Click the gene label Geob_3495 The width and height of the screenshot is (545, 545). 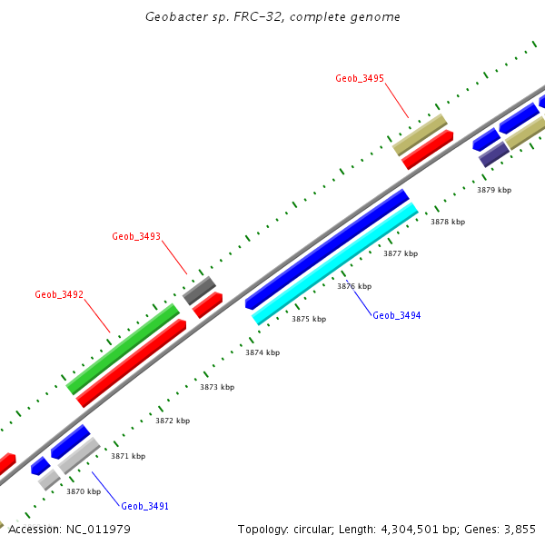coord(360,79)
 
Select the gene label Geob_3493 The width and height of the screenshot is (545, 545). coord(136,236)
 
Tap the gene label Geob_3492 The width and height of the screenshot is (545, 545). coord(59,294)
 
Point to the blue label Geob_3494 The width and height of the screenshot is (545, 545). coord(397,315)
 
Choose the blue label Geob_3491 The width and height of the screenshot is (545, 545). coord(145,506)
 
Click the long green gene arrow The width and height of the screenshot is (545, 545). coord(123,349)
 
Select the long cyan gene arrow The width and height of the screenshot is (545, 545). coord(335,263)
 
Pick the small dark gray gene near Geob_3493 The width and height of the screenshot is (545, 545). coord(199,291)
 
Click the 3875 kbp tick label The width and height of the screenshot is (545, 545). coord(308,319)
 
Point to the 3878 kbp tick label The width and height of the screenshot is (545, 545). coord(447,222)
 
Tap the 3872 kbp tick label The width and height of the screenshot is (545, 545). coord(173,421)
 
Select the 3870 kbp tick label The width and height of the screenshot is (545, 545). coord(83,491)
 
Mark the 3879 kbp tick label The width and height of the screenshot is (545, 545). coord(494,190)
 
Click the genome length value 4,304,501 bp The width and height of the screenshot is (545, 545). coord(418,529)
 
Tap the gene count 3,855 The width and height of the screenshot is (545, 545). coord(520,529)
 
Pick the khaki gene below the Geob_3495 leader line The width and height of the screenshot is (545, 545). coord(420,134)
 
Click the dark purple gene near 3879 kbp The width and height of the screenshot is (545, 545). coord(493,154)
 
